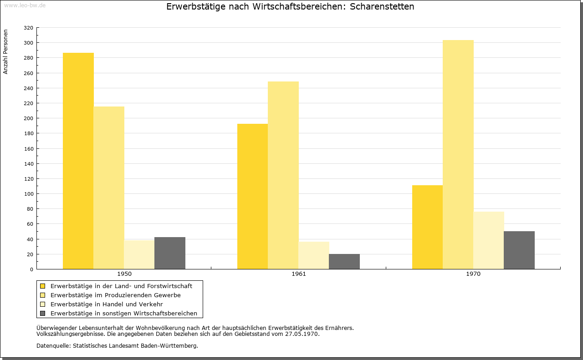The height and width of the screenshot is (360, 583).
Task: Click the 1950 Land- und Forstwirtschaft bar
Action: pos(78,161)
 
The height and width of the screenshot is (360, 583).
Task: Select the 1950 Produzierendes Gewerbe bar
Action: pos(109,188)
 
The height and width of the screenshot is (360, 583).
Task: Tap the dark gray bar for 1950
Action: pos(170,253)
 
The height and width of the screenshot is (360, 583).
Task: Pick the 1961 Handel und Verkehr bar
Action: pos(314,255)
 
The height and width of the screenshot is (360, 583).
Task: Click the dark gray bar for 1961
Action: pos(344,261)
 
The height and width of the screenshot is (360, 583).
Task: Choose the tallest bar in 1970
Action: pos(458,154)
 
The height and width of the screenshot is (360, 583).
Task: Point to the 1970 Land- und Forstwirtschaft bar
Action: pos(427,227)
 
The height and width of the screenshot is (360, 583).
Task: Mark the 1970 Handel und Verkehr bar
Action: pos(489,240)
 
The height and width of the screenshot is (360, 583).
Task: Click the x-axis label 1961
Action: pos(299,274)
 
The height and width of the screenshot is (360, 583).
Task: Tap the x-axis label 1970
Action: pos(473,274)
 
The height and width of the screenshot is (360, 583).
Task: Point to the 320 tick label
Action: pos(28,28)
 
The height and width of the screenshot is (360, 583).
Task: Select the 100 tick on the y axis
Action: pos(28,194)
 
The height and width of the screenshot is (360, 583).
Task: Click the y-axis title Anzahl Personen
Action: pos(5,52)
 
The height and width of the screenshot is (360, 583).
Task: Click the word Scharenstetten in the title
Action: pos(382,6)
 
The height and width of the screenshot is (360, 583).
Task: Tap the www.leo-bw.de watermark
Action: pos(25,5)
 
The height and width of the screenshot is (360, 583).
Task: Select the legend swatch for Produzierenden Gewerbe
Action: pos(42,295)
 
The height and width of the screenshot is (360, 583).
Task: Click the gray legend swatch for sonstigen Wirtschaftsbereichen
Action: pos(42,314)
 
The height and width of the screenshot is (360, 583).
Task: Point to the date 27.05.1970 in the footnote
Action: pos(302,334)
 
